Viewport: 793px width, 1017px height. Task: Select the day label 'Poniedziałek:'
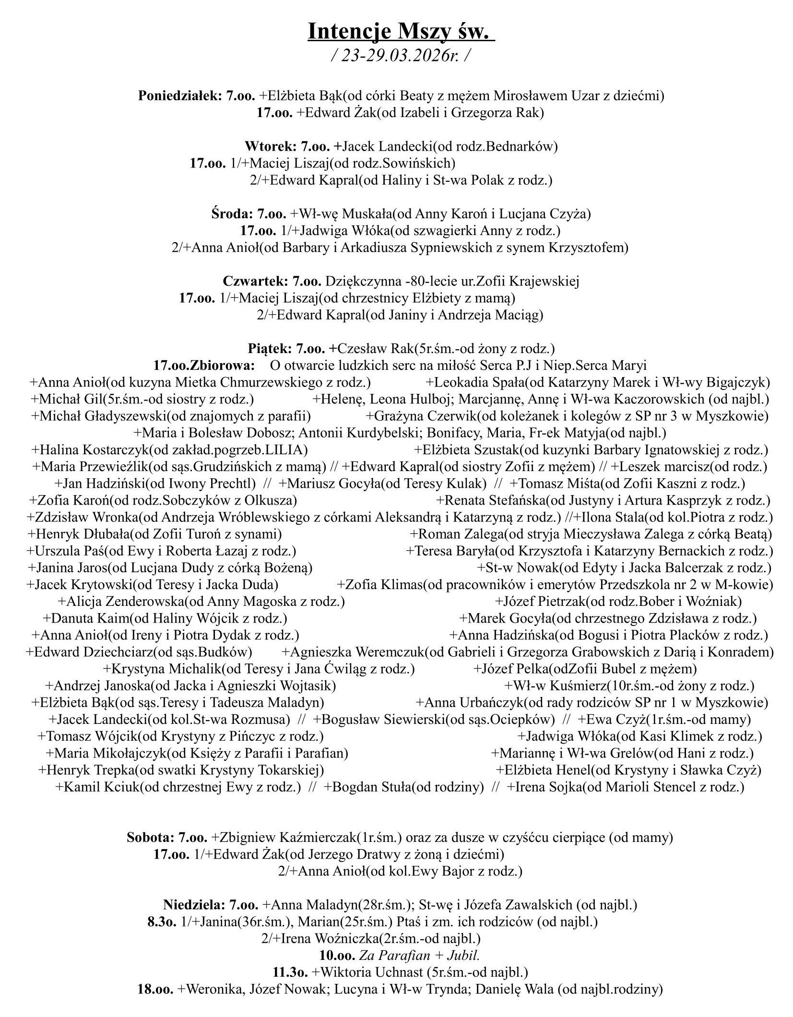[x=179, y=96]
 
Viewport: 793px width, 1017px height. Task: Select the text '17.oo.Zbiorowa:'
[x=204, y=366]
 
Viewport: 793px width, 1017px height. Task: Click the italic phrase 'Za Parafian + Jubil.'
[x=422, y=956]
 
